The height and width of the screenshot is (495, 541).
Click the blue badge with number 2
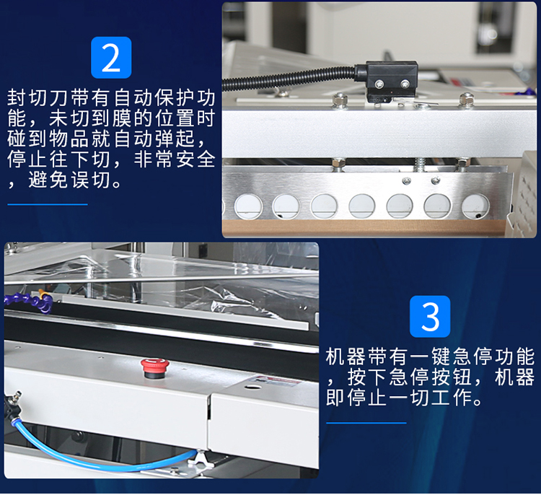111,58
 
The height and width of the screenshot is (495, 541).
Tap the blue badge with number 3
430,316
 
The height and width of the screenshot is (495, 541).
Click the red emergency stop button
154,367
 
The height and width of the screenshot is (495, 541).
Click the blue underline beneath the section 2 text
48,204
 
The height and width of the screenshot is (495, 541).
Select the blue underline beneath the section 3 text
366,423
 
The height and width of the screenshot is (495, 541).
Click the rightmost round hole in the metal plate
475,206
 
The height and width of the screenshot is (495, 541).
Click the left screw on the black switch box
379,83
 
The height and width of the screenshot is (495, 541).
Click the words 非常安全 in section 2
175,159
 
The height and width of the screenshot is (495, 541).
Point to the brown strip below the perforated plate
364,228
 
